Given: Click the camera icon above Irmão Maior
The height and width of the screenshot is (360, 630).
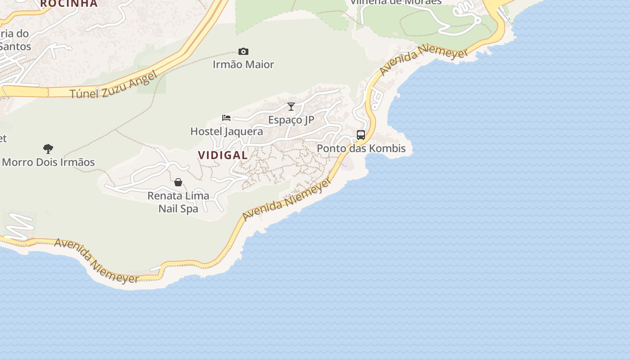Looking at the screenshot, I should (243, 52).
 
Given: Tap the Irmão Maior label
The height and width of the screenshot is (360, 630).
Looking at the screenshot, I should (243, 65).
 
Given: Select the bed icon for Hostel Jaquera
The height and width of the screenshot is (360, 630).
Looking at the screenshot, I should (226, 118).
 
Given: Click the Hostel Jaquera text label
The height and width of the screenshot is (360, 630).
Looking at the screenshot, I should (226, 131).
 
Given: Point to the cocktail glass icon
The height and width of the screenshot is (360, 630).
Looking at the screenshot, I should (291, 107).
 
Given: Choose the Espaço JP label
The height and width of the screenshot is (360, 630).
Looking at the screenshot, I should (291, 120).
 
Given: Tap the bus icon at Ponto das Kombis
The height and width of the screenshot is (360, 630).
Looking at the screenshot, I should (361, 135).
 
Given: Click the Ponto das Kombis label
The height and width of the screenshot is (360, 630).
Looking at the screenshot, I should (361, 148).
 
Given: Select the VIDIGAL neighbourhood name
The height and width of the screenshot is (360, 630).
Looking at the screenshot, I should (223, 155).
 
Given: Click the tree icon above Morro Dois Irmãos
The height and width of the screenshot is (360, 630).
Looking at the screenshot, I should (48, 149).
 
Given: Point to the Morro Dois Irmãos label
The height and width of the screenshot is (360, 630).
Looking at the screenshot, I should (48, 162).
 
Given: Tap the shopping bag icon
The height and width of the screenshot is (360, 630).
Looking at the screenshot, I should (178, 182).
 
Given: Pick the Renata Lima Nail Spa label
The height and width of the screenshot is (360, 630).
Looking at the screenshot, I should (178, 202).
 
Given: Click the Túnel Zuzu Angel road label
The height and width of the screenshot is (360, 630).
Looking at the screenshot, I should (114, 85).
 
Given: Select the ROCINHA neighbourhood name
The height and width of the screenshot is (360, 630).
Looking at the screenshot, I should (69, 4).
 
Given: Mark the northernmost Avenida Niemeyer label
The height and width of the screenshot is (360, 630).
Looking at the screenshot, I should (418, 59).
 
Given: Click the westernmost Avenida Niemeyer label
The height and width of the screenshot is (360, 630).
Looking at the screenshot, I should (97, 261).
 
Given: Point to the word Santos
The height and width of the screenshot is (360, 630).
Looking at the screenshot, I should (16, 46).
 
